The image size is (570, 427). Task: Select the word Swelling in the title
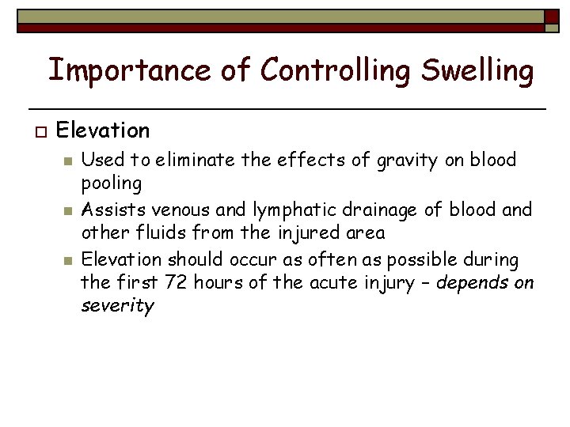pos(477,70)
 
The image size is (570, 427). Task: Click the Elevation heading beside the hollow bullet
pos(103,130)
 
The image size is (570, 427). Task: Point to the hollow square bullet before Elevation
pos(36,130)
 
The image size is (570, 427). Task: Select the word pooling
pos(112,184)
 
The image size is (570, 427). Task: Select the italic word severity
pos(117,306)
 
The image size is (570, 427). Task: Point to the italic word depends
pos(469,282)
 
